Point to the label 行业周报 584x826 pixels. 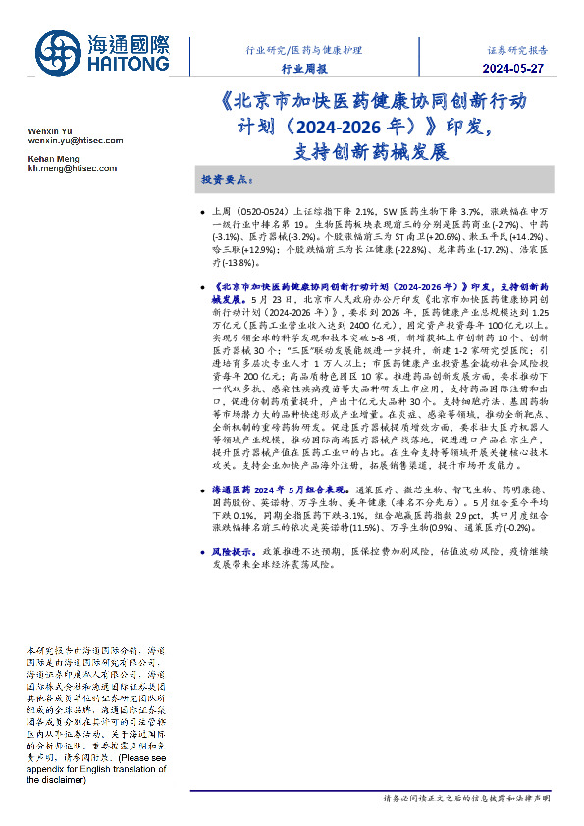click(304, 69)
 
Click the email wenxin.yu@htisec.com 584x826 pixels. click(75, 141)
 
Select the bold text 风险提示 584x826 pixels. click(231, 553)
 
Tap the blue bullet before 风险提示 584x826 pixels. click(202, 553)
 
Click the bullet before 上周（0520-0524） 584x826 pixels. click(202, 212)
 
